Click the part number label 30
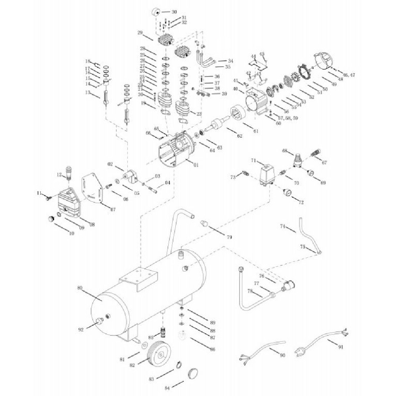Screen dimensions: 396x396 coord(174,12)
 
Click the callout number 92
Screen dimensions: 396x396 coord(81,329)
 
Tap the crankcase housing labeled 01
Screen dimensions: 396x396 coord(174,152)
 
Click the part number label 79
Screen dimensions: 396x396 coord(229,237)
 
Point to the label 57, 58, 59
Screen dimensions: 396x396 coord(288,118)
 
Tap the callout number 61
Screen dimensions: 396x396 coord(255,131)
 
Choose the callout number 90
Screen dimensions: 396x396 coord(282,356)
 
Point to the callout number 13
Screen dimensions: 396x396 coord(88,92)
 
